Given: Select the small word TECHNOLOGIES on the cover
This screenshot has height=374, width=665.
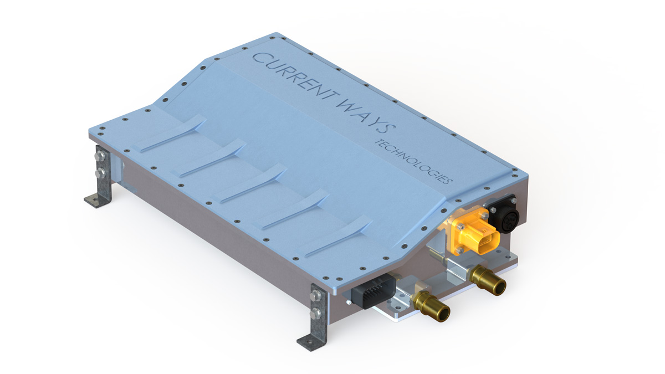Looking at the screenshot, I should [x=413, y=161].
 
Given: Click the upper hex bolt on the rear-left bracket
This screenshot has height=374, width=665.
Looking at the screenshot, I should [x=100, y=158].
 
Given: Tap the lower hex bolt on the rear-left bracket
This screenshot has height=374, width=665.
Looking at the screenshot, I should [x=100, y=173].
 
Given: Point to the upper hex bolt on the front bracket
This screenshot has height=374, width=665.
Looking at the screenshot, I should [x=316, y=298].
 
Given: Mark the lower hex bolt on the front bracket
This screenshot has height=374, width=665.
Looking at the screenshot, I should [x=316, y=314].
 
